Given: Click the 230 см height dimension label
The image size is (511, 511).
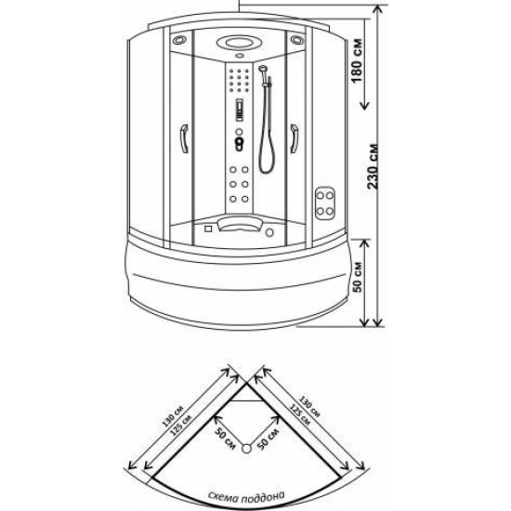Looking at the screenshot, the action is [x=373, y=166].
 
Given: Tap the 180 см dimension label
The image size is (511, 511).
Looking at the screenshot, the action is [x=357, y=61].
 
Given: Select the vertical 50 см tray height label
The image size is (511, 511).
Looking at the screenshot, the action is [x=358, y=277].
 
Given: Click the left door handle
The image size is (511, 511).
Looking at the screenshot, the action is [x=185, y=138].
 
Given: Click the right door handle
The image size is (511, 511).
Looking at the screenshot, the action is [x=294, y=138].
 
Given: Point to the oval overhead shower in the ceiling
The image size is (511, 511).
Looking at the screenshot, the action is [x=239, y=43].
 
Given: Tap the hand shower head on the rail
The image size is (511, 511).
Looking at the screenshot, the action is [x=262, y=69].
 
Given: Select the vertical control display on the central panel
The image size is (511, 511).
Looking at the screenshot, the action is [x=240, y=111].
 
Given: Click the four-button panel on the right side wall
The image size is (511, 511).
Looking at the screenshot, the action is [x=325, y=203].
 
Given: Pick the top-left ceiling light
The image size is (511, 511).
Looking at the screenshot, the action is [x=179, y=40].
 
